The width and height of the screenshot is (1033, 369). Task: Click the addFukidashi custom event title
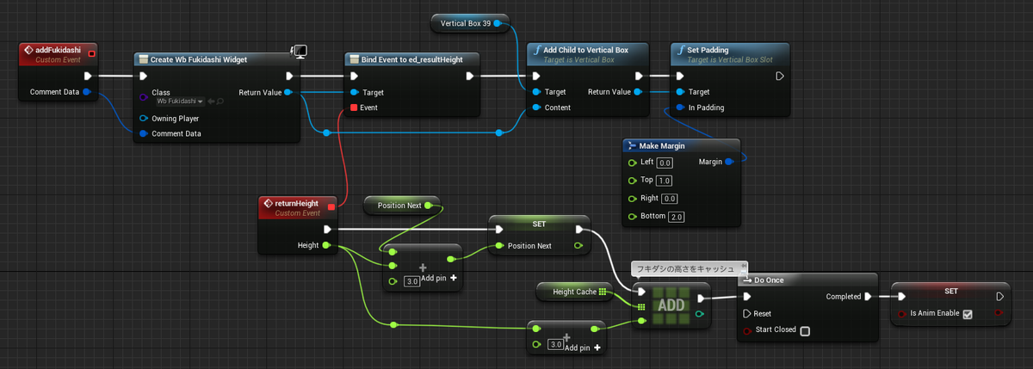click(x=59, y=50)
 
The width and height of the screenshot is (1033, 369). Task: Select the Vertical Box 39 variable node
click(x=470, y=23)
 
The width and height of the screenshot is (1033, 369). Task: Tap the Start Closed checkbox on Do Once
click(x=805, y=331)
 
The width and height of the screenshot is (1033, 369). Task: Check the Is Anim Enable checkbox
click(x=968, y=314)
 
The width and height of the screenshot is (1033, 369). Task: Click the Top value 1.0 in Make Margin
click(x=664, y=181)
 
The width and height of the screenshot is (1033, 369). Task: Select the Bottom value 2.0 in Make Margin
click(x=676, y=217)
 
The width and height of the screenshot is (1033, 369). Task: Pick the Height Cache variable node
click(x=575, y=292)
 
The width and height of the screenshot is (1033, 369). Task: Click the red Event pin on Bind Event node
click(x=354, y=108)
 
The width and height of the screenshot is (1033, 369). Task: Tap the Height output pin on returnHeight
click(x=326, y=245)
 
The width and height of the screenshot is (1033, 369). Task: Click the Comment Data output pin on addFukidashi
click(x=87, y=92)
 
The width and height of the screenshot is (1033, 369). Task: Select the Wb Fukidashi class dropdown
click(x=180, y=101)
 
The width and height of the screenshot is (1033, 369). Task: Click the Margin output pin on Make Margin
click(x=728, y=162)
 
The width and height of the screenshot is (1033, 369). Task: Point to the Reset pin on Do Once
click(x=746, y=314)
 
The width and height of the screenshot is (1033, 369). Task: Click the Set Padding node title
click(x=708, y=50)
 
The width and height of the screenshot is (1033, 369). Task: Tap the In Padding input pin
click(x=680, y=108)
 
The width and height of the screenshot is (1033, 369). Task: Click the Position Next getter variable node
click(x=402, y=206)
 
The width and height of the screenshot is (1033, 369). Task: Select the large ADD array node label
click(x=671, y=305)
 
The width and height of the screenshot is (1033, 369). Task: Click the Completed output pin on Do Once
click(x=868, y=296)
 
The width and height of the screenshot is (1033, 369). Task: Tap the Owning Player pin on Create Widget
click(x=144, y=119)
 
